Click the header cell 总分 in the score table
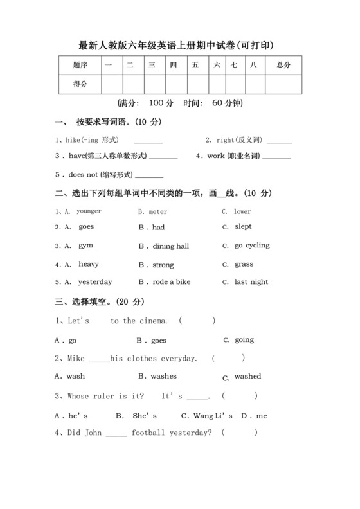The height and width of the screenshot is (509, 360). [x=283, y=65]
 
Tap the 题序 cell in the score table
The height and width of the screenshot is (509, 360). [x=80, y=65]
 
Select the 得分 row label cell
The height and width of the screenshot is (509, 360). [x=80, y=84]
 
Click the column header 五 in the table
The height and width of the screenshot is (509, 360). [x=195, y=65]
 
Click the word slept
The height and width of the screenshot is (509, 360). [x=243, y=226]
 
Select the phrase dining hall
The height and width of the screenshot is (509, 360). [x=171, y=246]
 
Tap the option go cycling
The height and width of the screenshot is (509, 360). [x=252, y=246]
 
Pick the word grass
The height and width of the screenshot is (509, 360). [x=244, y=264]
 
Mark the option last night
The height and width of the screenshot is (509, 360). [x=251, y=282]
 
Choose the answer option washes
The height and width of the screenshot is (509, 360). [x=163, y=376]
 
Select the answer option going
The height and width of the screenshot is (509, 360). [x=244, y=340]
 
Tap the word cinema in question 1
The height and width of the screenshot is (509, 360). [x=154, y=321]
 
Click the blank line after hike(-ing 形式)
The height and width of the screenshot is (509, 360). [x=148, y=141]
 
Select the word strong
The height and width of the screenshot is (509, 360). [x=163, y=265]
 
